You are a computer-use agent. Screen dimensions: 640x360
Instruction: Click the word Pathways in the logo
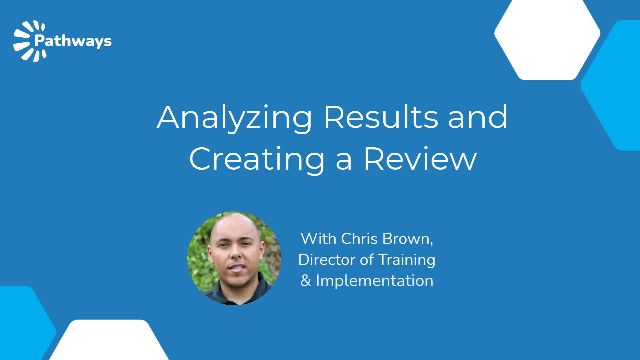73,41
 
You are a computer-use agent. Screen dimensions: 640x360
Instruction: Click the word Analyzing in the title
235,118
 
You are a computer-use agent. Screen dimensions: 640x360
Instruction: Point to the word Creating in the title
257,160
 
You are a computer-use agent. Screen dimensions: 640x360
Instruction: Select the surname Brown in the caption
408,239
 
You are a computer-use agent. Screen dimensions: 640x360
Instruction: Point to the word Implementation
375,281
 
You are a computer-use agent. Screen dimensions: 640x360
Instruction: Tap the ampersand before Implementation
306,281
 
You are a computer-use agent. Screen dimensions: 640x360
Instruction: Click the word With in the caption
318,239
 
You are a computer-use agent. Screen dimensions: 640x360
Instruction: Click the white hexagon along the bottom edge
108,340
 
